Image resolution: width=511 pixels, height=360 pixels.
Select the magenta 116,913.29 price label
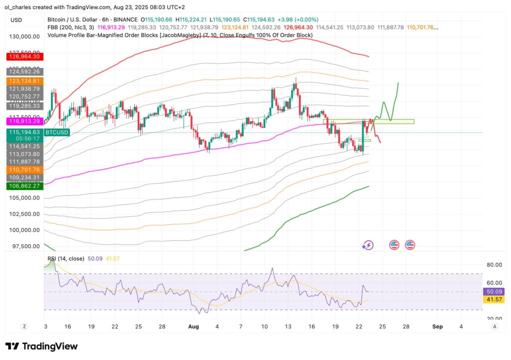pyautogui.click(x=25, y=121)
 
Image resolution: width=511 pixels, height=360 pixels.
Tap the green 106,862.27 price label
pyautogui.click(x=25, y=186)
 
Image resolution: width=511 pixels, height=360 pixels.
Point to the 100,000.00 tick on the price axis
pyautogui.click(x=25, y=230)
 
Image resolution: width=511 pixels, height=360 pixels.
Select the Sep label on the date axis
pyautogui.click(x=438, y=326)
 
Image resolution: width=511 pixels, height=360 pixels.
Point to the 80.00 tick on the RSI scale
pyautogui.click(x=494, y=265)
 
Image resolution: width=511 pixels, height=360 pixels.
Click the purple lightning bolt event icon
pyautogui.click(x=368, y=245)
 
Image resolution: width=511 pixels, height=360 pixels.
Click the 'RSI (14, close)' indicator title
pyautogui.click(x=65, y=258)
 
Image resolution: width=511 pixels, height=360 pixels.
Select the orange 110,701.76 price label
pyautogui.click(x=25, y=170)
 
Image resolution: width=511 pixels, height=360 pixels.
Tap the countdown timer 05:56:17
pyautogui.click(x=25, y=139)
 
